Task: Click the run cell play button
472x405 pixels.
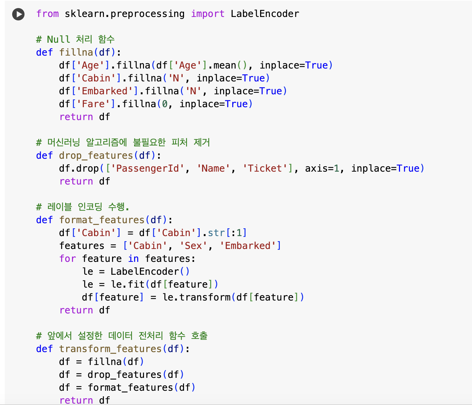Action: tap(18, 14)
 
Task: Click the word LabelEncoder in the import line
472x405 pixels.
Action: tap(265, 14)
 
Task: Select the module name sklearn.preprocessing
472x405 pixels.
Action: tap(124, 14)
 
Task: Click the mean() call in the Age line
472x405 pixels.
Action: tap(231, 65)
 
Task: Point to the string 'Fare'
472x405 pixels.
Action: tap(93, 104)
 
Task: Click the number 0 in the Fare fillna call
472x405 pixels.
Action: tap(165, 104)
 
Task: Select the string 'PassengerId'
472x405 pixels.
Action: tap(147, 169)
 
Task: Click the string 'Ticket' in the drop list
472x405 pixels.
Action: tap(265, 169)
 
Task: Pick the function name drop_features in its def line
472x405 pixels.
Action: tap(96, 156)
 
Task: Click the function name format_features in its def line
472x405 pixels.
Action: tap(102, 220)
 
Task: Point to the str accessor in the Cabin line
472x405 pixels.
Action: tap(216, 233)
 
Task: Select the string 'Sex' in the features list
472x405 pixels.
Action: tap(193, 246)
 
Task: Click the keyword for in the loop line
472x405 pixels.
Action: tap(68, 259)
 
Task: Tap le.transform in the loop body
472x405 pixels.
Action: tap(197, 297)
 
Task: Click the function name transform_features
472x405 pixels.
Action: tap(110, 349)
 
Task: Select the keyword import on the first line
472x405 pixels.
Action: tap(207, 14)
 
